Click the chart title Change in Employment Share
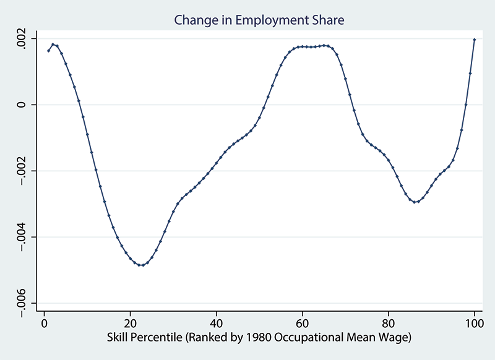tap(259, 20)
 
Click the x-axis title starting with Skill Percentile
tap(259, 338)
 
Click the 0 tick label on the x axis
tap(45, 325)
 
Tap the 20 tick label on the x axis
tap(131, 325)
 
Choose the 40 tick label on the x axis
tap(216, 325)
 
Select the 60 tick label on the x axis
tap(302, 325)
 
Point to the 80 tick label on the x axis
tap(388, 325)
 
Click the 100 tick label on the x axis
tap(474, 325)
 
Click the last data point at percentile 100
tap(475, 40)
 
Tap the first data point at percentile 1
tap(48, 51)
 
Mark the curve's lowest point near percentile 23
tap(143, 265)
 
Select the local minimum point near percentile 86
tap(415, 202)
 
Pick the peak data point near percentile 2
tap(53, 45)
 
